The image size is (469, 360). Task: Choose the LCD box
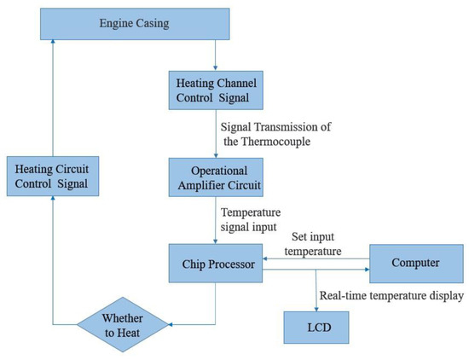click(316, 327)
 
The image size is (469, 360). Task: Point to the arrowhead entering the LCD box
click(316, 307)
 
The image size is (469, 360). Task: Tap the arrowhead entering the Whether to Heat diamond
click(172, 324)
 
